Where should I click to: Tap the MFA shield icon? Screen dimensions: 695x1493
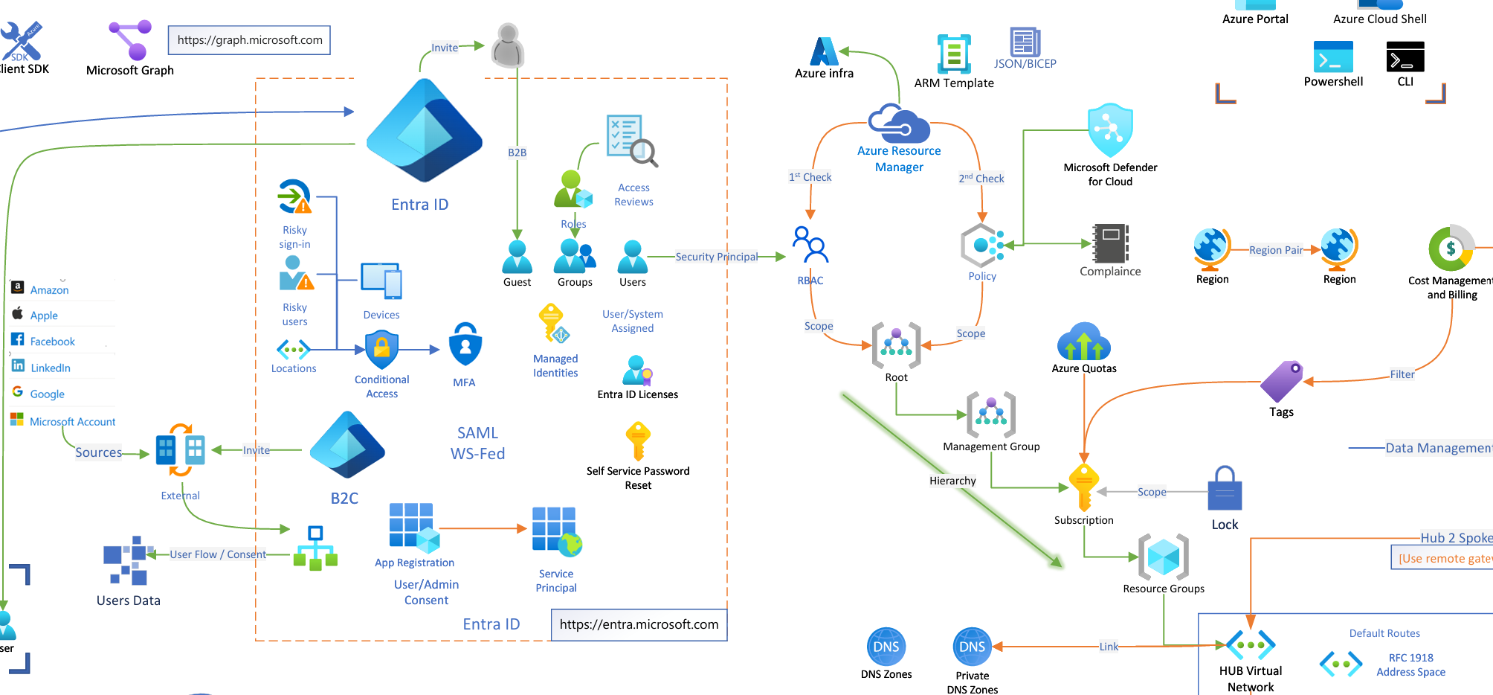[x=465, y=345]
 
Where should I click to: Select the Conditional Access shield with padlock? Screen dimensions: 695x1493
[x=381, y=348]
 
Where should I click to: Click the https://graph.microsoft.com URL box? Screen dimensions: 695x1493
[x=250, y=40]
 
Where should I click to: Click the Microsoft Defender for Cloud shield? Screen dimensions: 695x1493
[x=1110, y=130]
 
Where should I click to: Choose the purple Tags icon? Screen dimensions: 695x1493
[x=1282, y=381]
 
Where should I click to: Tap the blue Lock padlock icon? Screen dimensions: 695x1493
[x=1225, y=489]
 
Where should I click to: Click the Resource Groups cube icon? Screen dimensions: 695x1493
[x=1164, y=557]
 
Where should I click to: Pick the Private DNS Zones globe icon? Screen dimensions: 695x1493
[x=972, y=647]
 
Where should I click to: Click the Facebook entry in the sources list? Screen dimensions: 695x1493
[x=52, y=342]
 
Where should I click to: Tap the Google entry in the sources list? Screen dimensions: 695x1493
[x=47, y=394]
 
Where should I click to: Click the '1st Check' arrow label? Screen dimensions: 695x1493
[x=810, y=177]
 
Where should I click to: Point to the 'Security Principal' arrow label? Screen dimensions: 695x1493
[x=716, y=257]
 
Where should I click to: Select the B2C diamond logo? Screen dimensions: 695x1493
[x=346, y=446]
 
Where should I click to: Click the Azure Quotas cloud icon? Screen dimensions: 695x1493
[x=1083, y=342]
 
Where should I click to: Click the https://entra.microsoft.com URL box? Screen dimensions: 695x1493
[x=639, y=624]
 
